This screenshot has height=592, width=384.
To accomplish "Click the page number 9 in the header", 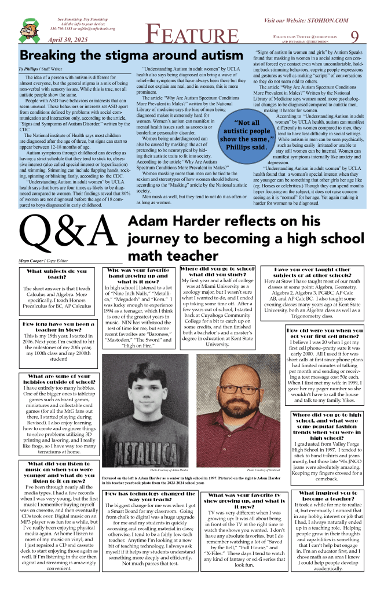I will pyautogui.click(x=355, y=36).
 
